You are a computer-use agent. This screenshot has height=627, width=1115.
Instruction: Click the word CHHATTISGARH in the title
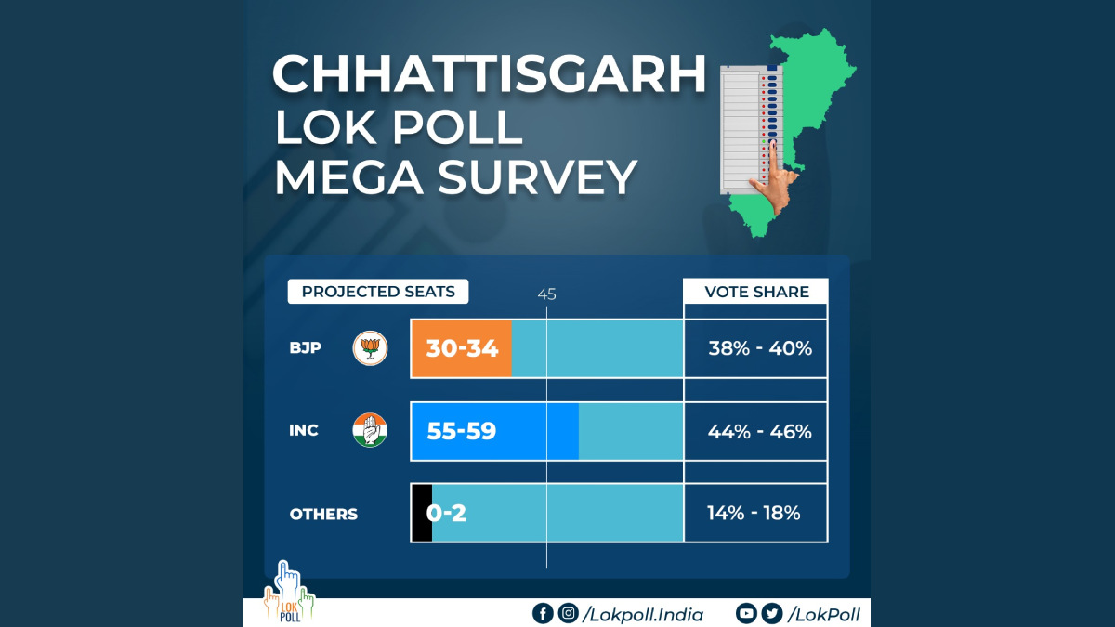point(489,74)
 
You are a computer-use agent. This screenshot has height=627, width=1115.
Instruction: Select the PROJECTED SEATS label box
point(378,292)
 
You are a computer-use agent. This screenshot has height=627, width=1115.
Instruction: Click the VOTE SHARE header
point(755,292)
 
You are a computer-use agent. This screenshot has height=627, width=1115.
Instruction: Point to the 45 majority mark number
point(546,294)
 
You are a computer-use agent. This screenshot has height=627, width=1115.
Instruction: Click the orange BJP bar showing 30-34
point(462,348)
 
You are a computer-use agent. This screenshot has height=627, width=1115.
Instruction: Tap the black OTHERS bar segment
point(421,513)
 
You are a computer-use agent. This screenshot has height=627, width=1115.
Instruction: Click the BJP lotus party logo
point(369,348)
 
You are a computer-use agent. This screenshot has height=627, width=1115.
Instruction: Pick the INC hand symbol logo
point(369,430)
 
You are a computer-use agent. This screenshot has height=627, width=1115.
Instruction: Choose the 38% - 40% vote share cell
point(755,348)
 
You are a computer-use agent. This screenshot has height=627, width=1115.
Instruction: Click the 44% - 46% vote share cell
point(755,431)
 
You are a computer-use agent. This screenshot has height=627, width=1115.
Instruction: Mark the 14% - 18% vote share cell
point(755,513)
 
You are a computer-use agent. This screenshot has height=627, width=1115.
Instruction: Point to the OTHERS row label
point(323,514)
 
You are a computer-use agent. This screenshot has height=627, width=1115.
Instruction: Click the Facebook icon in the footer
point(542,613)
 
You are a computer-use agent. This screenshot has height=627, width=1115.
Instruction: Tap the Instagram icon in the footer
point(568,613)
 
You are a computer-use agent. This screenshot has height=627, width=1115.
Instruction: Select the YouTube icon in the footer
point(746,613)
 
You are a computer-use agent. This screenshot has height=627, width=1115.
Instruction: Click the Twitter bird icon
point(771,613)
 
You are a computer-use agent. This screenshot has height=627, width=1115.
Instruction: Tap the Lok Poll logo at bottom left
point(288,594)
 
